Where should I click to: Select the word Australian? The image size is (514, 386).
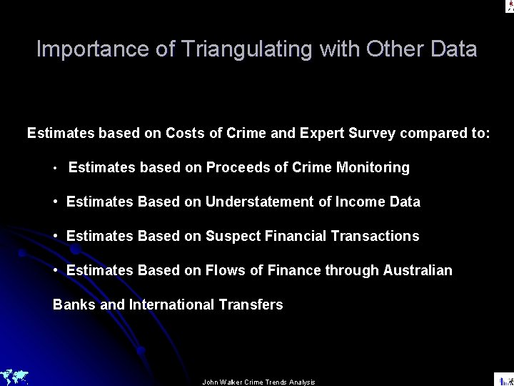coord(418,270)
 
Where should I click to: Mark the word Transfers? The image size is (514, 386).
coord(256,305)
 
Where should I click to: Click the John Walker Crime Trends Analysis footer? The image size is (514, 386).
coord(259,382)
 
